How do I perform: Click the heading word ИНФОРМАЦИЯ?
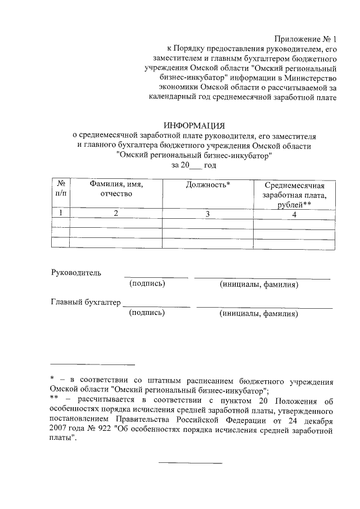click(x=193, y=125)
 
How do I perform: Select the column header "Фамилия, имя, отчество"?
click(x=116, y=189)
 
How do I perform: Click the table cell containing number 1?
click(x=60, y=213)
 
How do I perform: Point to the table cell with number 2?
click(x=116, y=213)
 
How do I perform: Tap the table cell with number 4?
click(x=294, y=213)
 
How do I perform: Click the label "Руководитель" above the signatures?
click(x=76, y=273)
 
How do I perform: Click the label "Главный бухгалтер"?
click(x=85, y=303)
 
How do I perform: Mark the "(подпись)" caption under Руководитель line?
click(x=147, y=284)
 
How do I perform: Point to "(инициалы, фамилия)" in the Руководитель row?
click(x=259, y=285)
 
